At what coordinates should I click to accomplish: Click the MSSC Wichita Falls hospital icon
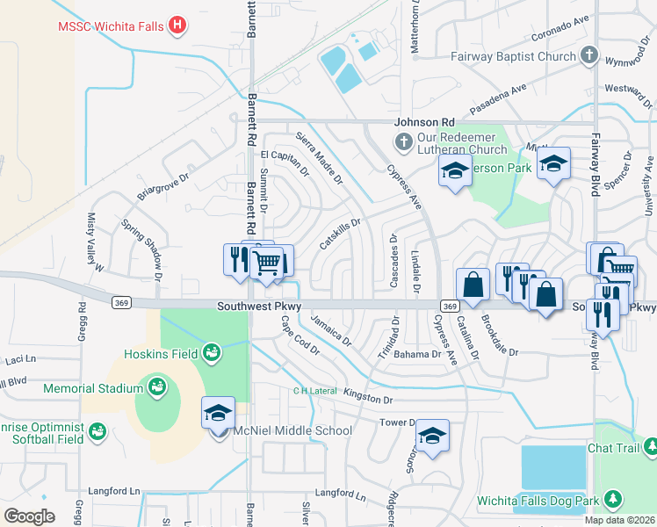pyautogui.click(x=178, y=25)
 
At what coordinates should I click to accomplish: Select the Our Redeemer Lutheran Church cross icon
pyautogui.click(x=403, y=141)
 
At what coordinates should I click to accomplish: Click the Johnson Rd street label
pyautogui.click(x=424, y=122)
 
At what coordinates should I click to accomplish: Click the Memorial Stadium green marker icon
pyautogui.click(x=157, y=387)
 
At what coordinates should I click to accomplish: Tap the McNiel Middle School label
pyautogui.click(x=293, y=430)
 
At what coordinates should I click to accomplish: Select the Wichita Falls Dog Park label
pyautogui.click(x=538, y=501)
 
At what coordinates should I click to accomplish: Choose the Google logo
pyautogui.click(x=29, y=516)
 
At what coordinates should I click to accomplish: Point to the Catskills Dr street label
pyautogui.click(x=341, y=234)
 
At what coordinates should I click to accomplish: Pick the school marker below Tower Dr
pyautogui.click(x=432, y=437)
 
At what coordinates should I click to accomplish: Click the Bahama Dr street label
pyautogui.click(x=417, y=354)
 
